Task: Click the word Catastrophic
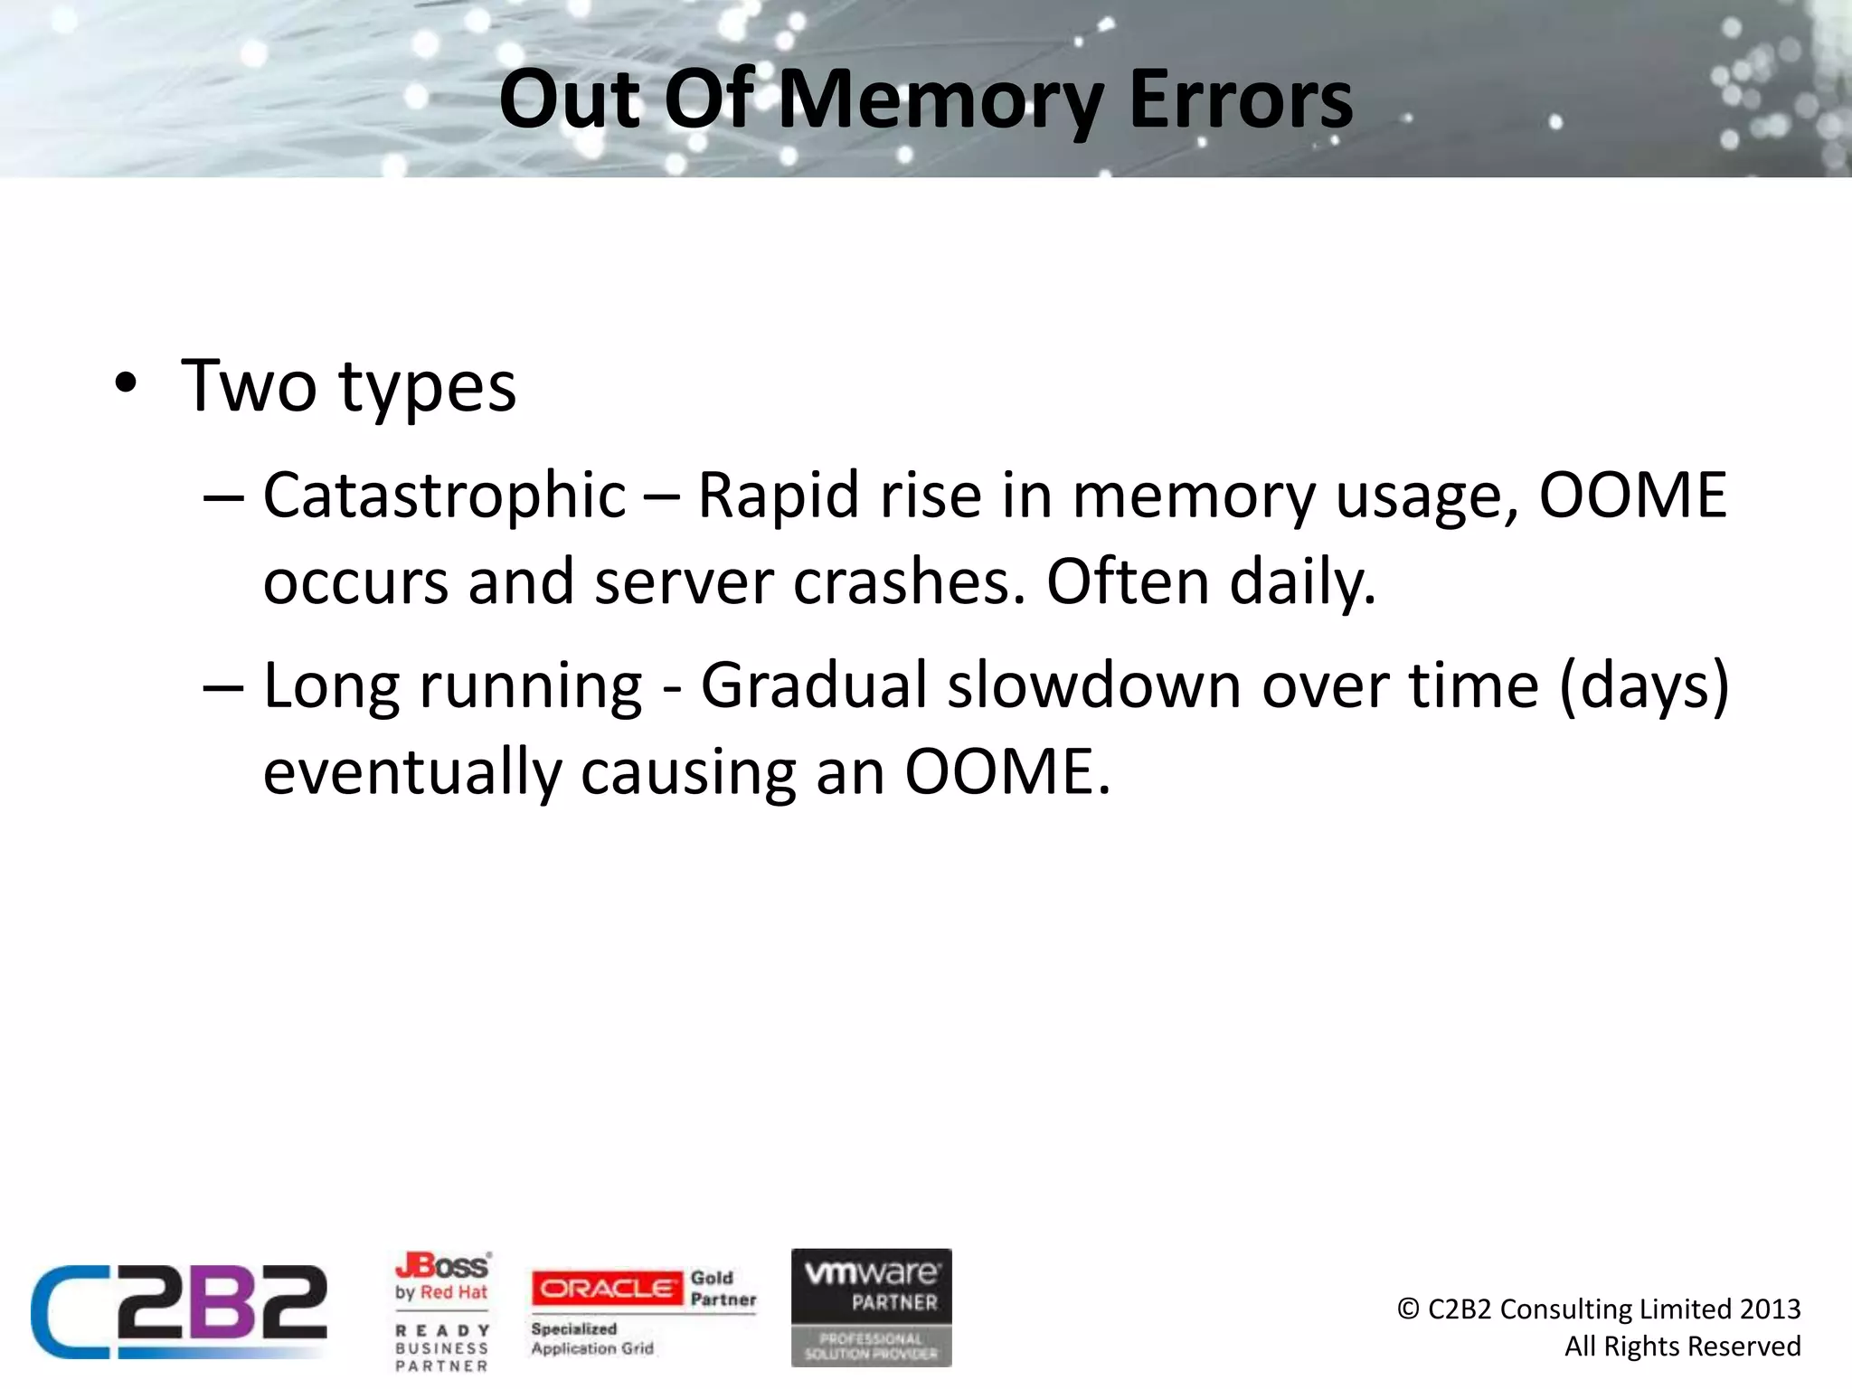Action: pos(444,496)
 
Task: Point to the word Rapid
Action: pos(778,496)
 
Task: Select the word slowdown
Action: pos(1094,685)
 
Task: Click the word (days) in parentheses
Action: pos(1644,685)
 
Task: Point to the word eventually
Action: pos(412,772)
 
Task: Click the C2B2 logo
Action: pos(179,1310)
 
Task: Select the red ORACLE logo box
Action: pos(606,1288)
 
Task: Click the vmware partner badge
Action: pos(871,1307)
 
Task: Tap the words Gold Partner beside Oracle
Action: pos(723,1289)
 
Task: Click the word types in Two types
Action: pos(427,386)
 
